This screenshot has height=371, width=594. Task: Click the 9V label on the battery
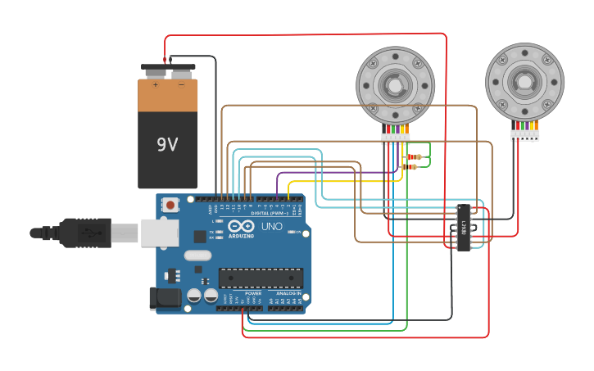tap(167, 145)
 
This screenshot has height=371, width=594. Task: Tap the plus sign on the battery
tap(155, 84)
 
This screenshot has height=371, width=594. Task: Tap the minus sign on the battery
tap(181, 84)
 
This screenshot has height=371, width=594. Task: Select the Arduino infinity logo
tap(242, 226)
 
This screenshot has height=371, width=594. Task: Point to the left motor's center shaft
tap(395, 85)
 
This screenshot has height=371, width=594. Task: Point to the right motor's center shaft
tap(524, 82)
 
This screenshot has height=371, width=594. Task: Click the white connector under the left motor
tap(396, 138)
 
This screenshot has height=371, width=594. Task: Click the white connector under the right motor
tap(525, 135)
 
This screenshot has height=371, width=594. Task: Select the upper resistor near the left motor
tap(415, 156)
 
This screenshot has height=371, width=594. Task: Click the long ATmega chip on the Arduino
tap(260, 278)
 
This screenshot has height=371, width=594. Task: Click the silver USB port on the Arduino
tap(159, 233)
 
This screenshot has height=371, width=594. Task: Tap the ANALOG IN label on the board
tap(288, 292)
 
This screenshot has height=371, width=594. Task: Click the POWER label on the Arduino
tap(253, 292)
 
